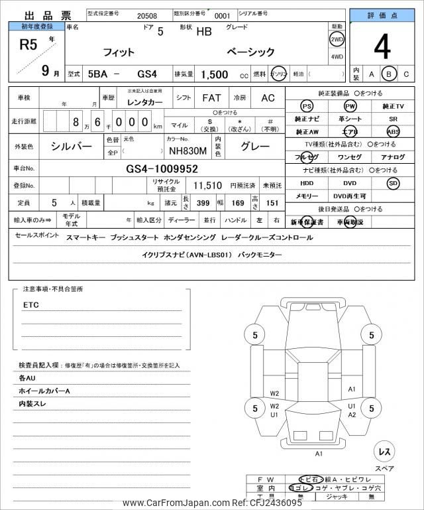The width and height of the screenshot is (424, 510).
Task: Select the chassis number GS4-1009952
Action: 162,168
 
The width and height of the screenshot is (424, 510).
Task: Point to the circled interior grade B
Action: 390,74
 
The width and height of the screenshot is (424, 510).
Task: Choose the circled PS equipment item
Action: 306,106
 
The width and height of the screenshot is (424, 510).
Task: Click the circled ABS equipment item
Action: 393,131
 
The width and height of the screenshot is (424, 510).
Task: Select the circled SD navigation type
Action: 393,182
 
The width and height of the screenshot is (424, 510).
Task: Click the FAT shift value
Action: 211,97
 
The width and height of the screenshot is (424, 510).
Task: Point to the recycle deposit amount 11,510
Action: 207,186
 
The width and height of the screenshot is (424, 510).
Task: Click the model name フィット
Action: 119,52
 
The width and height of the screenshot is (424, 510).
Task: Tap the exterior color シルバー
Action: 72,146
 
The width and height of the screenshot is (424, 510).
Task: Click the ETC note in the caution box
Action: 31,305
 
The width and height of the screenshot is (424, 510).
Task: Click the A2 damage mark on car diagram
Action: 352,415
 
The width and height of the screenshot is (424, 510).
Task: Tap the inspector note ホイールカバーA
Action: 44,391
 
